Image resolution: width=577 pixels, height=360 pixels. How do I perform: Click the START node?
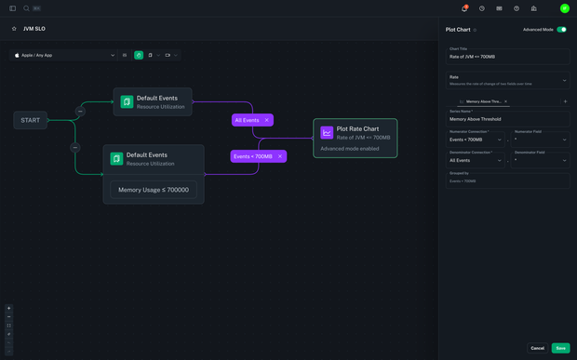[x=31, y=120]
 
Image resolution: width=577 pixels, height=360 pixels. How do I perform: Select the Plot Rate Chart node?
[x=355, y=138]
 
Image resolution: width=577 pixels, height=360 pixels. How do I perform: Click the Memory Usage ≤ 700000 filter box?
[x=154, y=190]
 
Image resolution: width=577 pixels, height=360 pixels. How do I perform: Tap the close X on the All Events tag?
[x=267, y=120]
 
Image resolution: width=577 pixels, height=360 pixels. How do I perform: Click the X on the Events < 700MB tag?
[x=280, y=156]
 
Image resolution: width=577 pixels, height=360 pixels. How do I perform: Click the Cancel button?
[x=537, y=348]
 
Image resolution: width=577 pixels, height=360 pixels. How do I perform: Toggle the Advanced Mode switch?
[x=561, y=30]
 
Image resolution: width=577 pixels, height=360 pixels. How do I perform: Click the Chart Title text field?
[x=507, y=57]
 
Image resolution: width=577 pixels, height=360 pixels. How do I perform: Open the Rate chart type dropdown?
[x=507, y=80]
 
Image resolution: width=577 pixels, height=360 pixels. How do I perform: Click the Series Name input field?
[x=507, y=119]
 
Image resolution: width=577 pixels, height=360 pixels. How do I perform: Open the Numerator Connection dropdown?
[x=476, y=140]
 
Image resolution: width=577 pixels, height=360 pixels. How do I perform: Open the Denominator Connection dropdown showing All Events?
[x=476, y=160]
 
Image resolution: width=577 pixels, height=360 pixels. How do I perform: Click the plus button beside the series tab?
[x=565, y=101]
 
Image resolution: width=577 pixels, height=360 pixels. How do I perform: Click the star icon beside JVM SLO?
[x=14, y=29]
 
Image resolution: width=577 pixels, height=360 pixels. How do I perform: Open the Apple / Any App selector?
[x=64, y=55]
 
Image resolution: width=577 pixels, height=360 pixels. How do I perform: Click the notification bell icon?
[x=464, y=8]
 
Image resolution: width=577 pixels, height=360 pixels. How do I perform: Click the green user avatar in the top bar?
[x=564, y=8]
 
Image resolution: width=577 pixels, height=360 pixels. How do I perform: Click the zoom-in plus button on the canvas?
[x=9, y=308]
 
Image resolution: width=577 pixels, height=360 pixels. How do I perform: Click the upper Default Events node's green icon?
[x=127, y=101]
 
